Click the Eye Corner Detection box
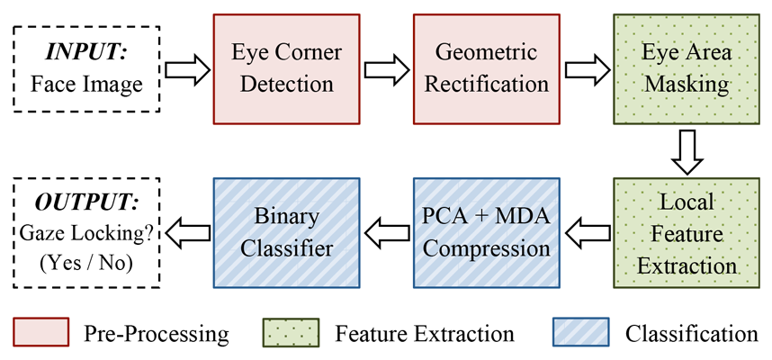[x=286, y=69]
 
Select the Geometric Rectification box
[x=487, y=69]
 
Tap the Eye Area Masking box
[x=687, y=69]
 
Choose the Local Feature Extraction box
[x=687, y=233]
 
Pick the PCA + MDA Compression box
[x=487, y=233]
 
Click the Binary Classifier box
[x=286, y=233]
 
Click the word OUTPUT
[x=86, y=202]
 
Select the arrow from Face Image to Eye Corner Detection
[x=187, y=69]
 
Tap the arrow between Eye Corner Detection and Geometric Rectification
[x=387, y=69]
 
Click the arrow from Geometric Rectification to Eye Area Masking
[x=587, y=69]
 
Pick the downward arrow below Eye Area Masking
[x=687, y=152]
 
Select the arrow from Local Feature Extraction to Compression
[x=588, y=233]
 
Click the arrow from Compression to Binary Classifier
[x=387, y=233]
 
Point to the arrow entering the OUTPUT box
[x=187, y=233]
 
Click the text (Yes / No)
[x=86, y=264]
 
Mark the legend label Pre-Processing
[x=156, y=333]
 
